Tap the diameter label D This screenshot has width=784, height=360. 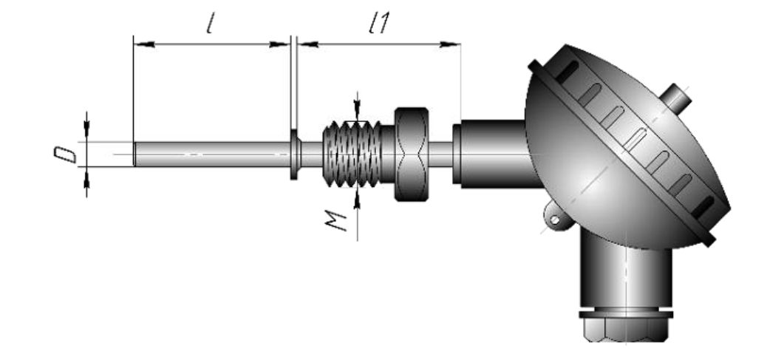point(66,155)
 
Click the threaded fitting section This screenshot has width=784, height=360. point(352,154)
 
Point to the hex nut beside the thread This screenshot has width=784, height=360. point(412,154)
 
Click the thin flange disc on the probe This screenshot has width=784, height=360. point(295,154)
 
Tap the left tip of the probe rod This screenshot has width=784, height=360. point(134,154)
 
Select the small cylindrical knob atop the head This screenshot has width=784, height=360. point(677,98)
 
